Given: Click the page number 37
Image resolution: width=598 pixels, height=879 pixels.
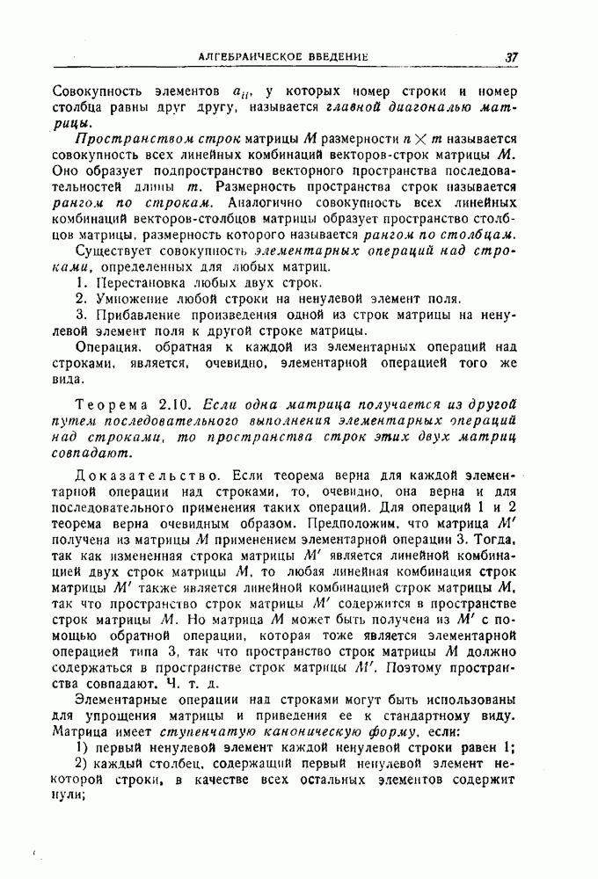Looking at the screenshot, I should click(512, 57).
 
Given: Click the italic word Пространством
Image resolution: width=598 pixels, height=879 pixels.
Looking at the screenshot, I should click(126, 140).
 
